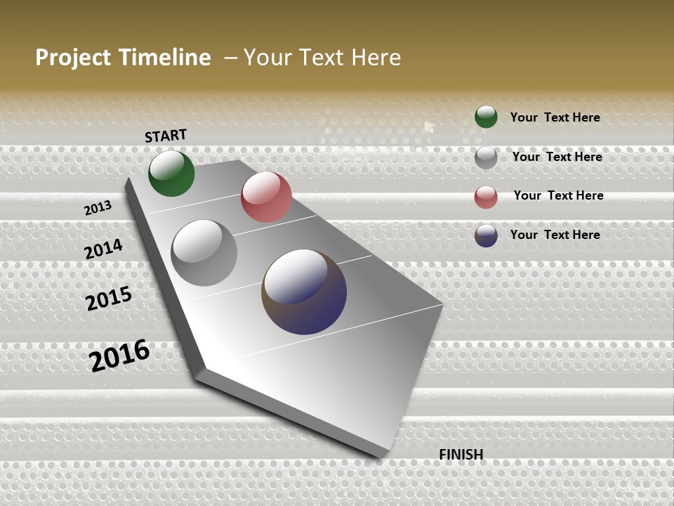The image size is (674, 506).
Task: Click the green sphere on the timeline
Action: (x=171, y=173)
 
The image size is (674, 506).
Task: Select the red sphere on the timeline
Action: (x=266, y=197)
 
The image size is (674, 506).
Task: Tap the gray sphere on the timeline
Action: (x=204, y=253)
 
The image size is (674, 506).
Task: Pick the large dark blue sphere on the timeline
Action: (x=304, y=292)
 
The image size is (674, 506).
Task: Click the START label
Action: (x=166, y=136)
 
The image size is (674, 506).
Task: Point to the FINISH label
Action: (x=461, y=455)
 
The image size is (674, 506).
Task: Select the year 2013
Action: (x=98, y=208)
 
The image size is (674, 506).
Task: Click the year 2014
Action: (x=103, y=249)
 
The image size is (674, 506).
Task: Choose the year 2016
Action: (x=119, y=356)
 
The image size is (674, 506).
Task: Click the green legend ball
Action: (x=486, y=117)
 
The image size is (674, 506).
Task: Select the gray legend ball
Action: (x=486, y=157)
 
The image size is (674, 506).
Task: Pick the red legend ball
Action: (x=486, y=197)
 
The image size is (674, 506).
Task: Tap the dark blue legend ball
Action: (x=486, y=235)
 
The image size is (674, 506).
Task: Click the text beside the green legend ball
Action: (x=555, y=117)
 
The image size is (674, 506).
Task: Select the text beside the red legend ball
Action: (x=558, y=195)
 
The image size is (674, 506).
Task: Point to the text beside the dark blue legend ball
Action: (x=555, y=235)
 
